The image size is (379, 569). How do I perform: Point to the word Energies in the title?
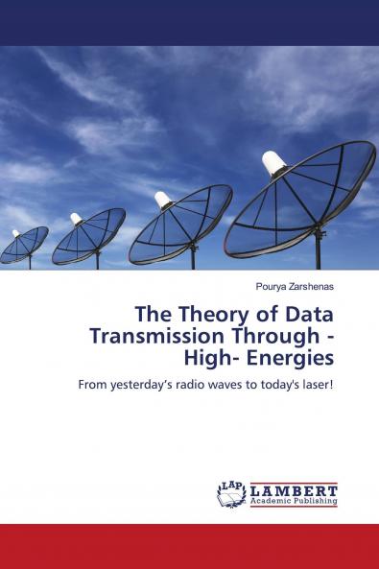coord(296,358)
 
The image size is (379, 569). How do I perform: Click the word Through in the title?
coord(274,336)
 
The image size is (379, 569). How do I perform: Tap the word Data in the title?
coord(308,314)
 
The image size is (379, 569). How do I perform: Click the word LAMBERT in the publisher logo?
coord(294,489)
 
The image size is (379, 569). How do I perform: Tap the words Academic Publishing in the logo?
coord(294,501)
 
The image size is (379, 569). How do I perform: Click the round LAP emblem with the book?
coord(231,493)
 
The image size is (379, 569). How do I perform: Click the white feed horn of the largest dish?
coord(275,162)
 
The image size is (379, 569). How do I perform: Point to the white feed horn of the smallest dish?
coord(15,233)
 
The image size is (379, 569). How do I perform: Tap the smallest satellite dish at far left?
coord(23,244)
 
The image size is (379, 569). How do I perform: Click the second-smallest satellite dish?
coord(88,235)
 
